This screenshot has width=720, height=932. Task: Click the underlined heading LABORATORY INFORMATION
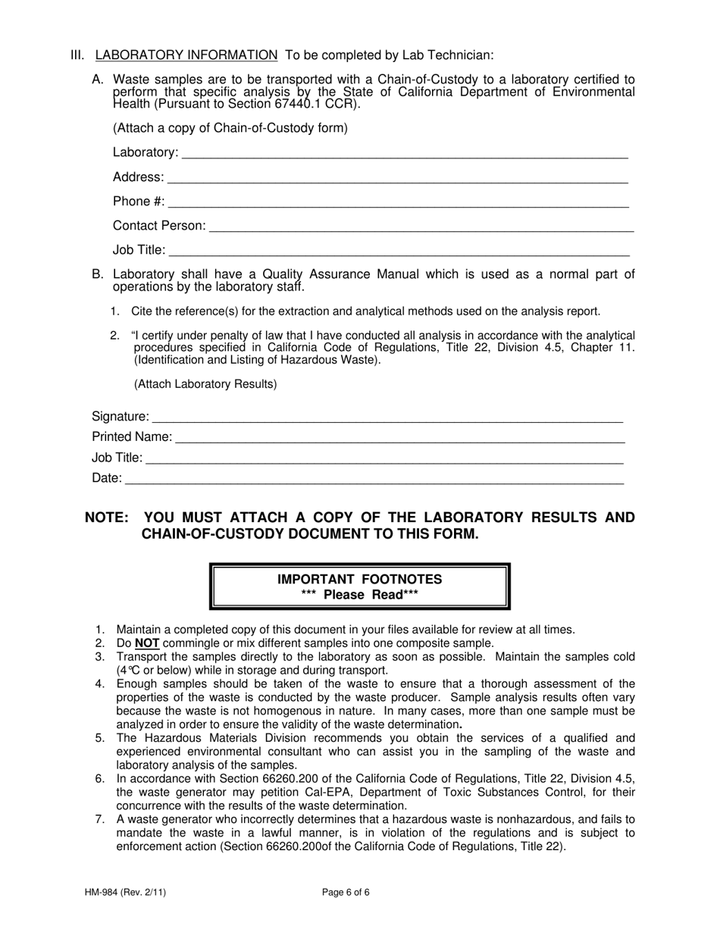pyautogui.click(x=186, y=55)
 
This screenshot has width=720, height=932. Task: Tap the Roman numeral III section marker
pyautogui.click(x=77, y=55)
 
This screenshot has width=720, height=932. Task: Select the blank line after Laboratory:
pyautogui.click(x=405, y=154)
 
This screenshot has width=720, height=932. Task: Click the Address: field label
pyautogui.click(x=138, y=177)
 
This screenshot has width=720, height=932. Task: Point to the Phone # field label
pyautogui.click(x=138, y=202)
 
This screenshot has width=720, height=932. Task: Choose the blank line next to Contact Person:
pyautogui.click(x=421, y=227)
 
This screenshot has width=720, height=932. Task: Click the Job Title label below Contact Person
pyautogui.click(x=139, y=250)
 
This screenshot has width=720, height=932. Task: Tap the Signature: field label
pyautogui.click(x=120, y=417)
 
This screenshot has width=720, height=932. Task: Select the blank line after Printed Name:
pyautogui.click(x=399, y=439)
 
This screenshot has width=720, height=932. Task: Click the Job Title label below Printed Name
pyautogui.click(x=117, y=458)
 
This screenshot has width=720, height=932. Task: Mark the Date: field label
pyautogui.click(x=106, y=478)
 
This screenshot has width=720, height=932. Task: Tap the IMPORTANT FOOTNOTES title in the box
pyautogui.click(x=359, y=580)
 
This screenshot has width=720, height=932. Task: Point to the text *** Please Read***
pyautogui.click(x=359, y=595)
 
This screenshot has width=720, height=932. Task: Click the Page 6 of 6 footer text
pyautogui.click(x=346, y=893)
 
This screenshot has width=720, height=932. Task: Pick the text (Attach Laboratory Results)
pyautogui.click(x=205, y=384)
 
